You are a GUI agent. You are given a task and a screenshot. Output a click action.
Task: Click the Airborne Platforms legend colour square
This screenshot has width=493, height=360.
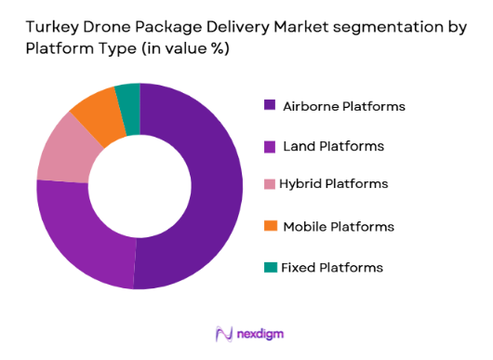[271, 106]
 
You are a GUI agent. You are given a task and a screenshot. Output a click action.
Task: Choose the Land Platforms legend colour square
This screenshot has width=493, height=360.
[271, 146]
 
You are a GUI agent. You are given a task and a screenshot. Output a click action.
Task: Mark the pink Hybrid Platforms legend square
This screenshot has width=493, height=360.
[271, 186]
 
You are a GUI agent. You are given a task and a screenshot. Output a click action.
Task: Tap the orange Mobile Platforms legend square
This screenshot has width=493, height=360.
[271, 226]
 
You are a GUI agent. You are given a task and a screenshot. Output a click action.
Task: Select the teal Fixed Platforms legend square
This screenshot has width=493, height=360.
[271, 267]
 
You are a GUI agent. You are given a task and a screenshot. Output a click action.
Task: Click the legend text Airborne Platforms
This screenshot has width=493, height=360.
[344, 106]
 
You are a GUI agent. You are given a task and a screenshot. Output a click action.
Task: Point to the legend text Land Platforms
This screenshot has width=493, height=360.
[334, 146]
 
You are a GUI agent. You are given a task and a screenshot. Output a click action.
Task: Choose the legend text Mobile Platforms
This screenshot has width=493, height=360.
[339, 226]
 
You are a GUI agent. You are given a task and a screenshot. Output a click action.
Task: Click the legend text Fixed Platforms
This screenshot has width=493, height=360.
[333, 267]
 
